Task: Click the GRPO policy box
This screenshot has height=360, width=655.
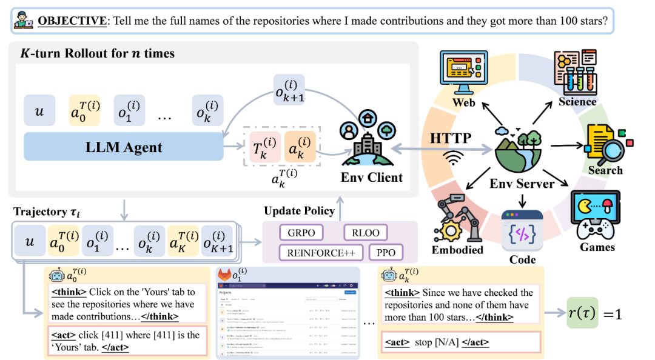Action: pos(301,233)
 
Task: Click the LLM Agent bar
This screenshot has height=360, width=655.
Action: pos(124,147)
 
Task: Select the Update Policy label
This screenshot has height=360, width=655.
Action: pos(299,211)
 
